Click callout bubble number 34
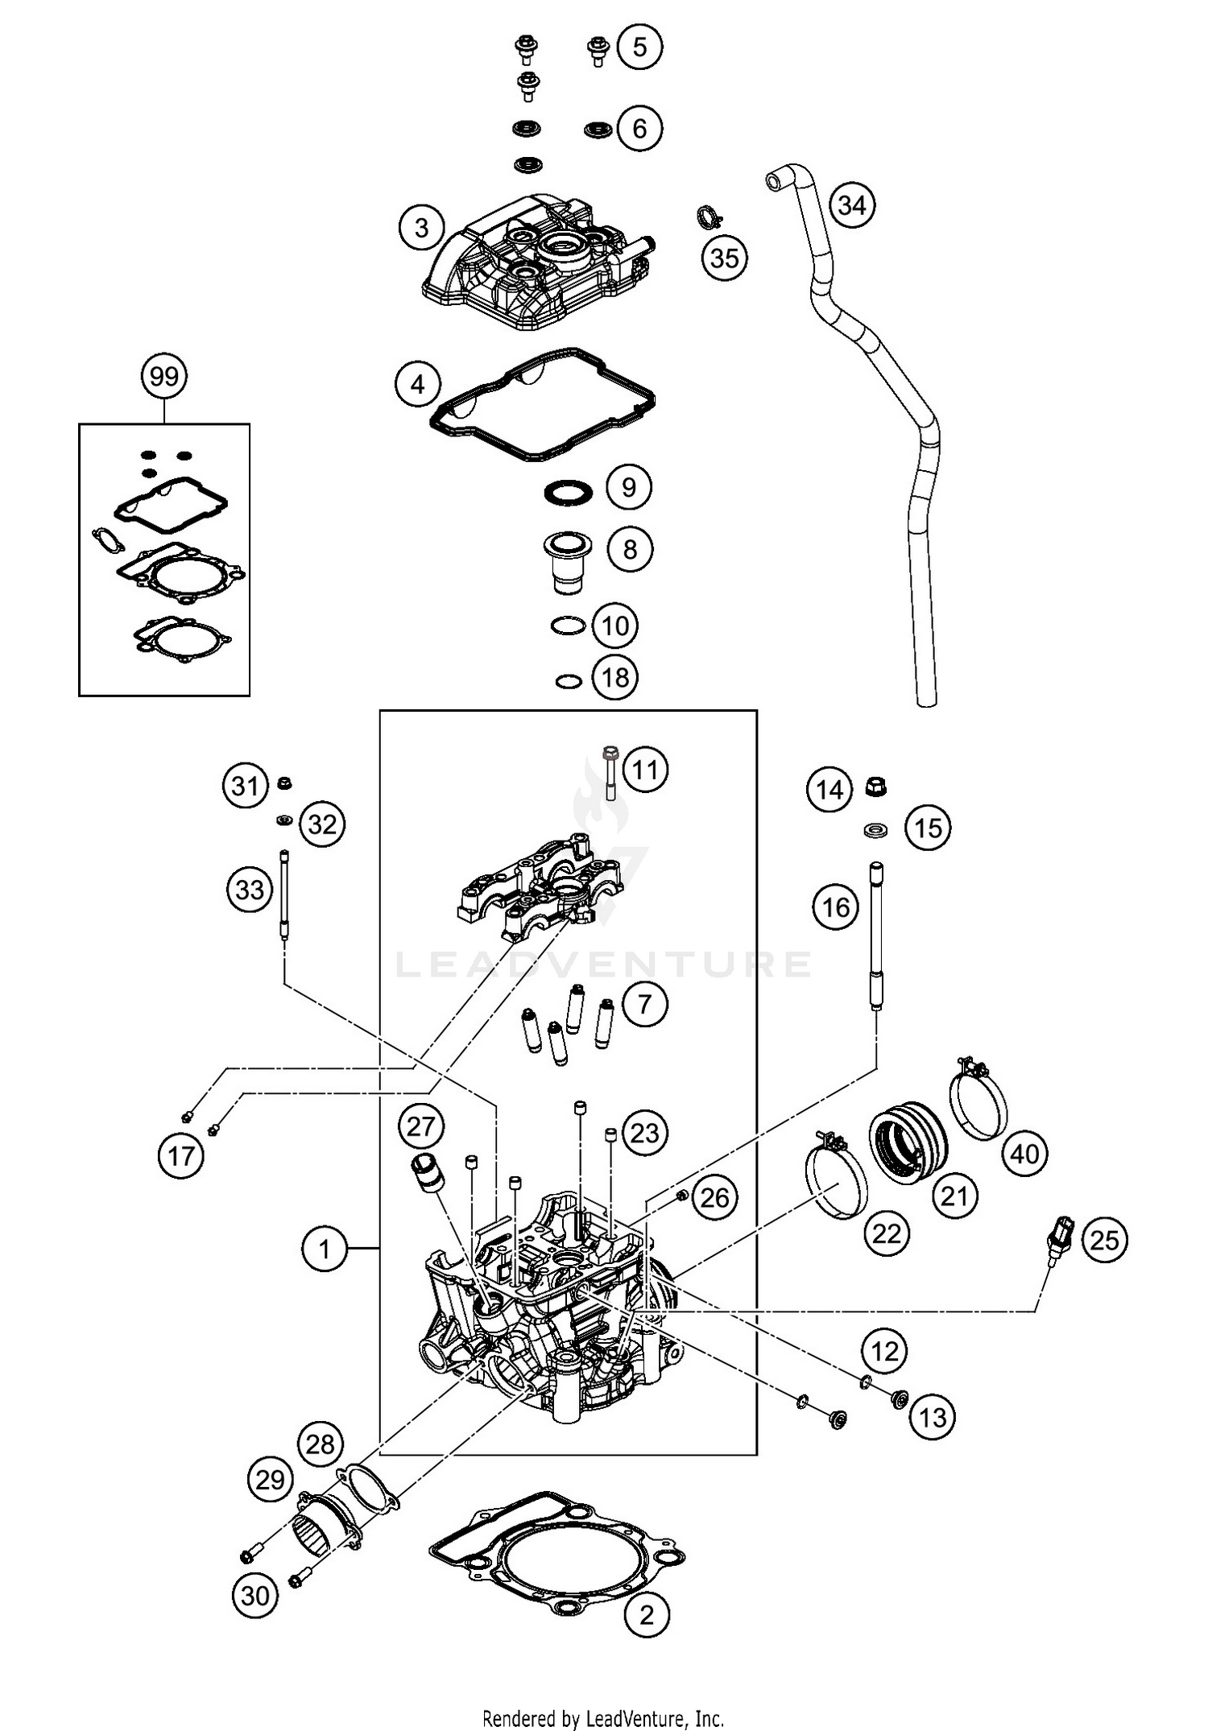852,204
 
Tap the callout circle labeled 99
164,377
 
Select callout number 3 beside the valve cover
421,228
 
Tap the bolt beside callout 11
610,772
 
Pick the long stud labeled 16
876,934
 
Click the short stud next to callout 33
284,894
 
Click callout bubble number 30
255,1595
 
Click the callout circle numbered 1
325,1249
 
